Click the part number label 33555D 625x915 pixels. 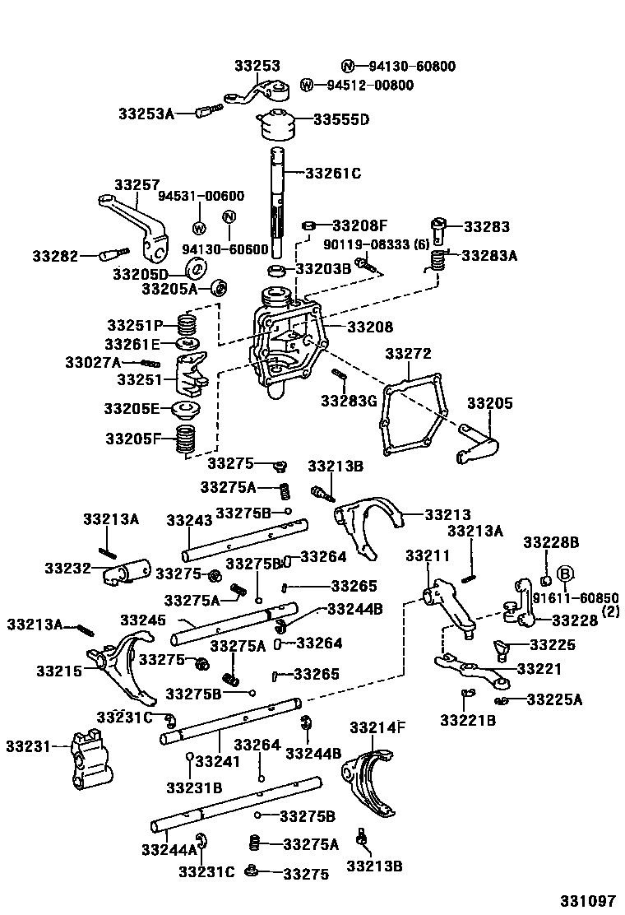coord(341,119)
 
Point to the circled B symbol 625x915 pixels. coord(566,574)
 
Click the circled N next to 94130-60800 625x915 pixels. coord(348,67)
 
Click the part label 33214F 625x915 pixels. coord(377,727)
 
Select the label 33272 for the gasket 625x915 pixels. coord(408,354)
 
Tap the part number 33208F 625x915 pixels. coord(359,225)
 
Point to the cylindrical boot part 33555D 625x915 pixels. coord(275,125)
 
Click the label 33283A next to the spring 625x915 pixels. coord(489,256)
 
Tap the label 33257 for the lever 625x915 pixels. coord(137,185)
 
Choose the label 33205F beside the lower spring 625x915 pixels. coord(133,439)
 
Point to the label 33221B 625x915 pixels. coord(468,721)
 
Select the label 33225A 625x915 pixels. coord(553,699)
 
